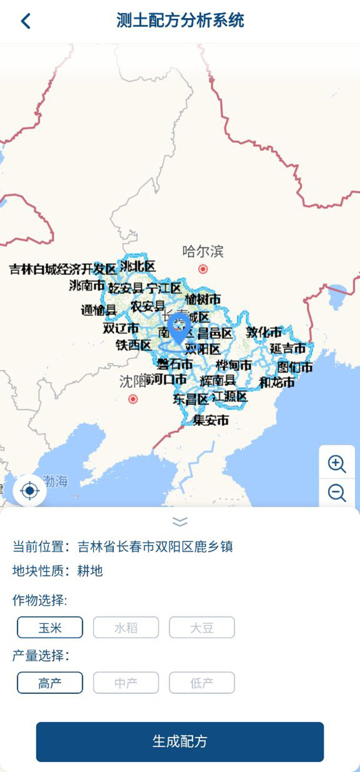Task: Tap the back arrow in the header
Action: coord(25,21)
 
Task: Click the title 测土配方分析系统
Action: coord(180,20)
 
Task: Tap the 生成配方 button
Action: coord(180,741)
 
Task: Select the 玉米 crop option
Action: coord(50,628)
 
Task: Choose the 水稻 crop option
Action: coord(126,628)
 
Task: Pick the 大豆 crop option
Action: coord(202,628)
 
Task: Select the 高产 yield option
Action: coord(50,683)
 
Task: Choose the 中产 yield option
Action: coord(126,683)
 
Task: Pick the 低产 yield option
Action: coord(202,683)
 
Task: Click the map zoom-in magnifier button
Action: coord(337,463)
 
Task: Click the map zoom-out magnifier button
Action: coord(337,493)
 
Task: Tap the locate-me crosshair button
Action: coord(29,491)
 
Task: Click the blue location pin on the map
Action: coord(178,327)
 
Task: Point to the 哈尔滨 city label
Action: coord(203,252)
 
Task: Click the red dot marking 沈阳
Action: coord(133,399)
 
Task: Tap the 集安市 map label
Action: coord(211,421)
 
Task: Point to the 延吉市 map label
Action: coord(287,348)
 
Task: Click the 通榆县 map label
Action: coord(98,310)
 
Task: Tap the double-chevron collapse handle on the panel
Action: coord(180,521)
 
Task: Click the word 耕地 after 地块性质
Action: coord(90,571)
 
